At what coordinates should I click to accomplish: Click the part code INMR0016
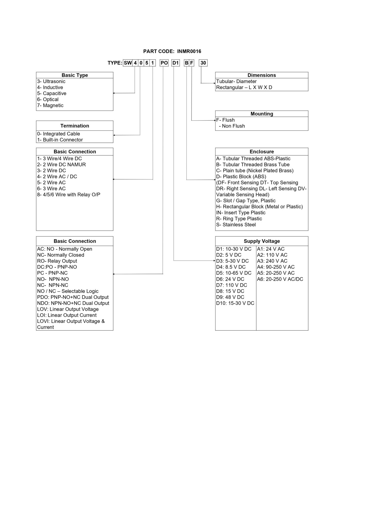[x=189, y=51]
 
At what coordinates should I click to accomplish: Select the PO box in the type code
[x=164, y=63]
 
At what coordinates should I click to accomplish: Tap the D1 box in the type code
[x=175, y=63]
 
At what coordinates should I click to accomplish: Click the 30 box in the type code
[x=203, y=63]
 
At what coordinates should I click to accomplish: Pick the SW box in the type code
[x=128, y=63]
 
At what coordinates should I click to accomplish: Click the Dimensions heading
[x=261, y=75]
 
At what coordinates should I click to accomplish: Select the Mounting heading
[x=261, y=114]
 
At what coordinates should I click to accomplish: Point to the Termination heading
[x=75, y=126]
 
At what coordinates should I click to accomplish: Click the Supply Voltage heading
[x=261, y=241]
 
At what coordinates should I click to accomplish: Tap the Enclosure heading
[x=261, y=152]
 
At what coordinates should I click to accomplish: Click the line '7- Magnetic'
[x=50, y=106]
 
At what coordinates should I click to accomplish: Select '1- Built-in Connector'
[x=60, y=140]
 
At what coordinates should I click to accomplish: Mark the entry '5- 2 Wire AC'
[x=51, y=183]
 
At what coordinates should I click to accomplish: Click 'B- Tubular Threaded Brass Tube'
[x=253, y=165]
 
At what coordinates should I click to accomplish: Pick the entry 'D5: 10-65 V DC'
[x=234, y=273]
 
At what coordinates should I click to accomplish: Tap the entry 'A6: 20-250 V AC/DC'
[x=280, y=279]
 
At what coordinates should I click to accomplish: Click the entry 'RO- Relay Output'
[x=57, y=261]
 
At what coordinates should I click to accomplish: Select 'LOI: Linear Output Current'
[x=67, y=315]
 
